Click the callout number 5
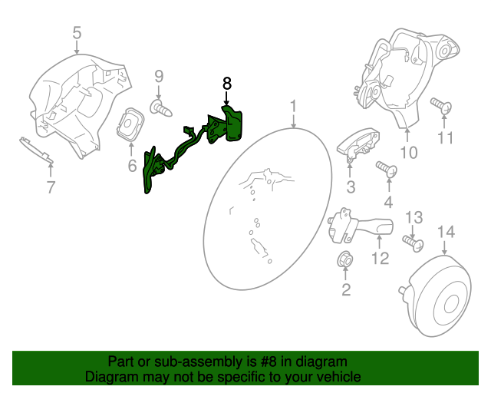(x=77, y=32)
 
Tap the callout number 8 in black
(x=226, y=83)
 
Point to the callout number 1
(x=292, y=104)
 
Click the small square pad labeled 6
(x=130, y=124)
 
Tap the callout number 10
(x=408, y=153)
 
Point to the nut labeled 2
(x=344, y=260)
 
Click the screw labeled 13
(x=414, y=243)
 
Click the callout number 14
(x=446, y=233)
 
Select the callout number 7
(x=51, y=187)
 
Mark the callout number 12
(x=381, y=259)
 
